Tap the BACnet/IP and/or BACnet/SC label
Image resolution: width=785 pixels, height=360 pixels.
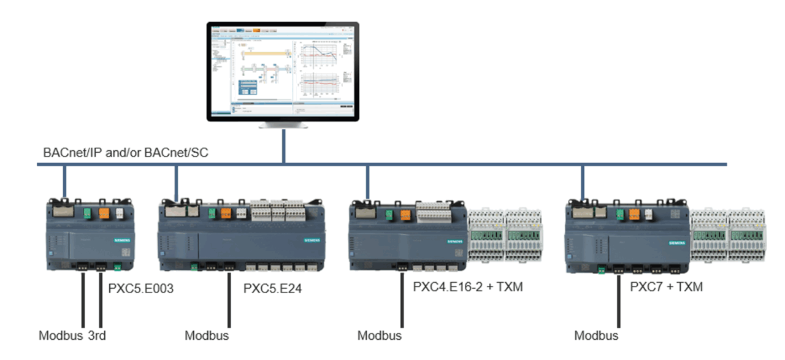tap(126, 152)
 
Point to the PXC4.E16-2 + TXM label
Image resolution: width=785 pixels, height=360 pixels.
tap(468, 286)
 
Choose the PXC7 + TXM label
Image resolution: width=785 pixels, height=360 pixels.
tap(667, 286)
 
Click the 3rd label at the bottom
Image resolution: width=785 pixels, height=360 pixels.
tap(97, 335)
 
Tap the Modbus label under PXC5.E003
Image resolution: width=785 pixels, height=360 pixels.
tap(61, 335)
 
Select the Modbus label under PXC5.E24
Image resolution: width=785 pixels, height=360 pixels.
tap(207, 335)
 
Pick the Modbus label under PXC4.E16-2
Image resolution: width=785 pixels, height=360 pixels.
tap(380, 335)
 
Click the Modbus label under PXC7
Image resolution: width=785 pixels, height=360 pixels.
tap(596, 335)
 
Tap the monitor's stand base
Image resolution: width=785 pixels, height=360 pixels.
tap(283, 125)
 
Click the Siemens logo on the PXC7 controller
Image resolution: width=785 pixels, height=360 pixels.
tap(676, 243)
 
